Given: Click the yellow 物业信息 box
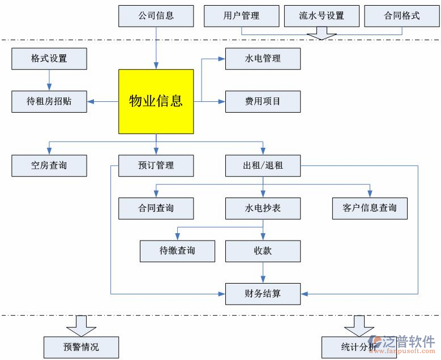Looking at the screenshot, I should tap(156, 101).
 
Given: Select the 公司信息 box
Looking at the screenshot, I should tap(156, 16).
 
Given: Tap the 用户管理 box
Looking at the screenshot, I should tap(241, 16).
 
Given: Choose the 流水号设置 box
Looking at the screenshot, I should tap(322, 16).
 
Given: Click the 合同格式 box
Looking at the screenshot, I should tap(402, 16).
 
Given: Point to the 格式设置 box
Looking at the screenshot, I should tap(49, 59).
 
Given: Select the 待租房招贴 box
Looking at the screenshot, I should tap(49, 102).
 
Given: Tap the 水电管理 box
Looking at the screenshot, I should tap(263, 59).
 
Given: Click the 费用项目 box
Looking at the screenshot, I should tap(263, 102).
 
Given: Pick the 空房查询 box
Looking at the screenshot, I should tap(49, 166).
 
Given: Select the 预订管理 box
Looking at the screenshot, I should tap(156, 166).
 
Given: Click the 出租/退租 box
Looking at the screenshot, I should tap(263, 166).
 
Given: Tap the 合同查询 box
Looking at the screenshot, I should tap(156, 208).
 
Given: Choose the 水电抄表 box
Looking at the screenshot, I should tap(263, 208).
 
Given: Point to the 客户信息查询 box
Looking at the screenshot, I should tap(370, 208).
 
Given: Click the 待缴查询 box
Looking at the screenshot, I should tap(177, 251).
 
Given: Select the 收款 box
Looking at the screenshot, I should tap(263, 251).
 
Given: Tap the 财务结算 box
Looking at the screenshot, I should tap(263, 294).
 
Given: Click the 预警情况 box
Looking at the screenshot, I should tap(82, 347).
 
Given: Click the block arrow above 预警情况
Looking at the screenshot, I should tap(82, 325).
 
